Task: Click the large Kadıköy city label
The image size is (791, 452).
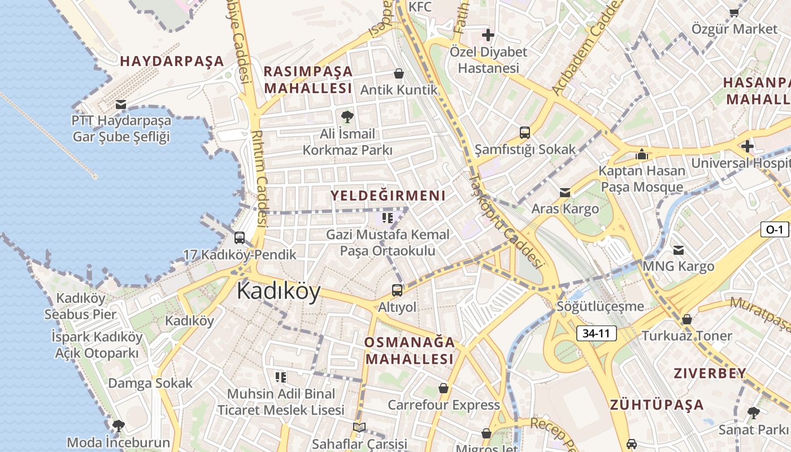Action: pos(279,291)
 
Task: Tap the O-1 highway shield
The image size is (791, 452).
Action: pos(774,229)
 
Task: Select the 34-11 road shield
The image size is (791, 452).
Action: pos(596,333)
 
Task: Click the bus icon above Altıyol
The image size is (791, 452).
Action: pos(397,290)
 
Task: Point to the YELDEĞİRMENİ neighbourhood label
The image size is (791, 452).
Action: pos(388,196)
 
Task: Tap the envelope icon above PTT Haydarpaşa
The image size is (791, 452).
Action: pos(120,105)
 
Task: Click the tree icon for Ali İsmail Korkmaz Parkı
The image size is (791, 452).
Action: pos(347,117)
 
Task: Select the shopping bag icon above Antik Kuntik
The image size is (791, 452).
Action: pos(399,73)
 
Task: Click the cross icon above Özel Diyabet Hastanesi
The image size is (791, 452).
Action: pos(488,35)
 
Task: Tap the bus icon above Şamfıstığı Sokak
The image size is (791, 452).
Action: pos(525,133)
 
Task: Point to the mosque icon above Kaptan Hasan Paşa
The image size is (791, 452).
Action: pos(641,154)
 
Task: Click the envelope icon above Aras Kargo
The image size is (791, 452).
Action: pos(565,193)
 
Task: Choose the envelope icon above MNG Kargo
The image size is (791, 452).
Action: pos(679,250)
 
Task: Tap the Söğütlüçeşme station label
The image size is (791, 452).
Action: pos(600,307)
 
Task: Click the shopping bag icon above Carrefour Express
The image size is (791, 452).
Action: pos(444,388)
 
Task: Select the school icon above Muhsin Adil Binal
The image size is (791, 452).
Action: pos(281,377)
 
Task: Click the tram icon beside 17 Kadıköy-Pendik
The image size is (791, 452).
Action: pos(240,238)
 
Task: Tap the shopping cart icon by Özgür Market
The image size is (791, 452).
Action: pos(734,12)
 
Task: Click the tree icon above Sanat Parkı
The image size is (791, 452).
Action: pos(753,413)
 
